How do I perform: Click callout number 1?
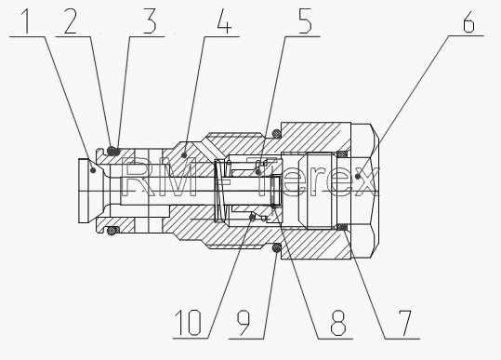point(27,21)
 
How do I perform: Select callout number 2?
point(71,21)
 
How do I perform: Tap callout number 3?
point(150,21)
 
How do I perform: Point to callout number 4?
point(224,21)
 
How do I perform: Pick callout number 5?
point(305,21)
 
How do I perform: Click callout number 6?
point(469,21)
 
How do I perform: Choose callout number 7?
point(405,323)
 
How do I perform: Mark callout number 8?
point(338,323)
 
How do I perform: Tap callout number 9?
point(244,323)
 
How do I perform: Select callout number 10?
point(188,323)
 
